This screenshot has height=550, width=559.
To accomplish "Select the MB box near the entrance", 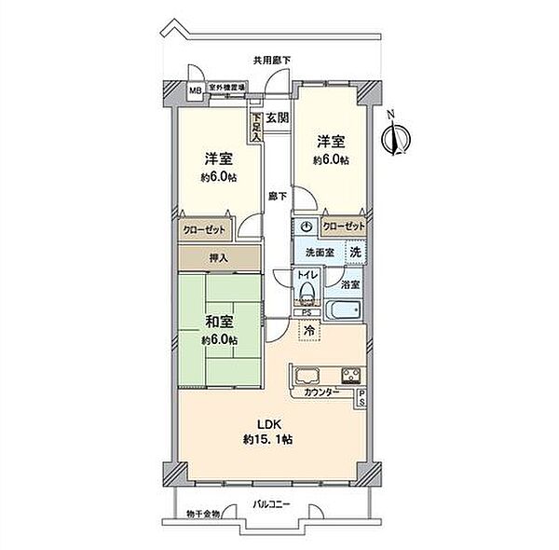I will point(195,90).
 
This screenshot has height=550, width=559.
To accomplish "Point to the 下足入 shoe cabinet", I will point(254,124).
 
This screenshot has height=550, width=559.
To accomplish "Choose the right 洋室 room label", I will point(332,142).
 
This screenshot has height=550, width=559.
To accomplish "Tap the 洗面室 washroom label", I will point(319,253).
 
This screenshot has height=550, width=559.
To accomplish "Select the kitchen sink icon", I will point(308,378).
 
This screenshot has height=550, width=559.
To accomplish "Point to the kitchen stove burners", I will point(351,378).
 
